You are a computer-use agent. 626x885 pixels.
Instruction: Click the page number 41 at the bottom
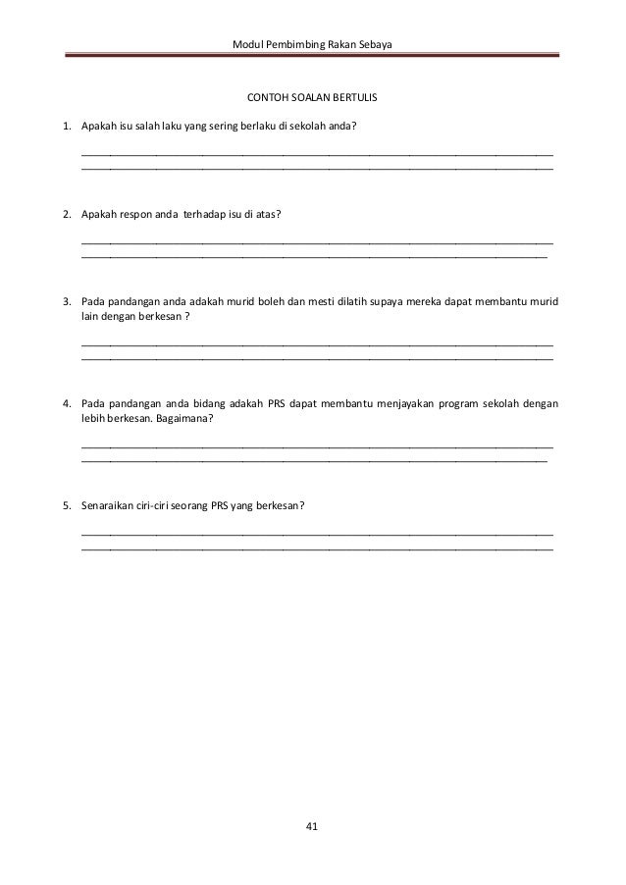coord(312,828)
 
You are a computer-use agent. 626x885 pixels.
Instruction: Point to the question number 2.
coord(66,213)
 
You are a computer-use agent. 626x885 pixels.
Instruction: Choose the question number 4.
coord(66,403)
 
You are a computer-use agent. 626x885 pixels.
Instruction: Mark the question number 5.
coord(66,506)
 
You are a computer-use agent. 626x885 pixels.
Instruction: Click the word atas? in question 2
coord(268,213)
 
